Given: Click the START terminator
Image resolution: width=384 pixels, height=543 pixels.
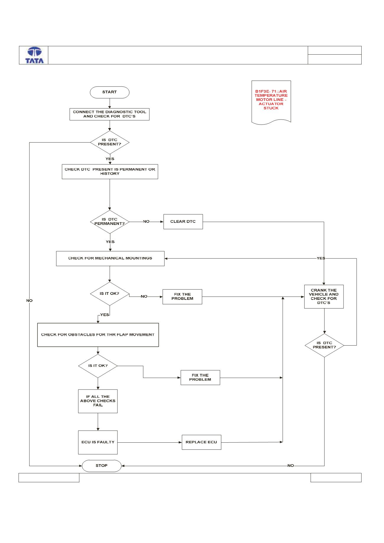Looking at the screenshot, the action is point(110,92).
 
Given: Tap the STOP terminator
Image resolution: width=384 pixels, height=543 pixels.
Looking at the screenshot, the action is point(102,466).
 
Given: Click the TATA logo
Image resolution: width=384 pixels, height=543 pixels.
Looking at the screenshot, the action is point(35,55).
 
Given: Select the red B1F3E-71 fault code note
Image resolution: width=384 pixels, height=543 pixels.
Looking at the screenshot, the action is point(271,102).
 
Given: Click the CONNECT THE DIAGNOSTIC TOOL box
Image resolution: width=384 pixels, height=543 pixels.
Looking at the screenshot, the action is point(110,114).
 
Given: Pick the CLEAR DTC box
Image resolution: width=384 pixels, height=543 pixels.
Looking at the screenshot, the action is point(183,222).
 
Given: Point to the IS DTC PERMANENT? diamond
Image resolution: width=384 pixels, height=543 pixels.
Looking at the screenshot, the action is point(110,222).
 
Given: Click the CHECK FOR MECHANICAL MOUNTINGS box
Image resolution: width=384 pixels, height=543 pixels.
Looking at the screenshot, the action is point(110,259).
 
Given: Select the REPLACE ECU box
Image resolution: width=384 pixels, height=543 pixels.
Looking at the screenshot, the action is point(202,442).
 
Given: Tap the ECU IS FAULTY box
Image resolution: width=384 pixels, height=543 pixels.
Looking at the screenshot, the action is point(98,442).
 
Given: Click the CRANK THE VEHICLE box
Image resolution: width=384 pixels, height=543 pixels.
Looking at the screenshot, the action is point(324,297).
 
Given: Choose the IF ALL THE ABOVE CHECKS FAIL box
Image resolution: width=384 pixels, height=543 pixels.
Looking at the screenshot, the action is point(98,401).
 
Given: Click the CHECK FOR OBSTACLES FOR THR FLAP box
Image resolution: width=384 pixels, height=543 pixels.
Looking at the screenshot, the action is point(98,335).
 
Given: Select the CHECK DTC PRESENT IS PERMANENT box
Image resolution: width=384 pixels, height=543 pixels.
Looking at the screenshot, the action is point(110,172).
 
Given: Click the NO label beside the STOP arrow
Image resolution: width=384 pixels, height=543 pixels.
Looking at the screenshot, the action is point(291,466).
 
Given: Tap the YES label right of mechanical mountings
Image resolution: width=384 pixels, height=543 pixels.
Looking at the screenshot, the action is point(321,258).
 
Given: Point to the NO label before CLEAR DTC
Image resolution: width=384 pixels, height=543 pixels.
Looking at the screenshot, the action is point(146,222).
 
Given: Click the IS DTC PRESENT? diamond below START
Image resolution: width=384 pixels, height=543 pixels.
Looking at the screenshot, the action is point(110,143).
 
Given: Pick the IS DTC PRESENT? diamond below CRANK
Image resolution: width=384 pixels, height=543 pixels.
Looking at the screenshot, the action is point(324,345).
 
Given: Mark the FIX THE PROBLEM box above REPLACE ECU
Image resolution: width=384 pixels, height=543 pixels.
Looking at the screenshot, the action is point(200,378).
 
